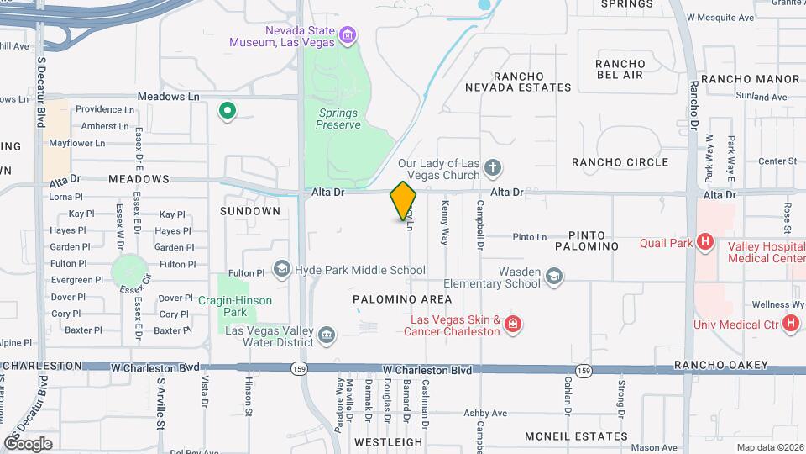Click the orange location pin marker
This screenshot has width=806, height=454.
pyautogui.click(x=403, y=201)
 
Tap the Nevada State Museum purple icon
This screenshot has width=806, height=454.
pyautogui.click(x=348, y=36)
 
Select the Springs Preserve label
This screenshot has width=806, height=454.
pyautogui.click(x=338, y=119)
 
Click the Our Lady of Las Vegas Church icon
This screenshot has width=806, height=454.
pyautogui.click(x=493, y=169)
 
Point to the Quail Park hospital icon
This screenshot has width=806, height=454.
pyautogui.click(x=705, y=244)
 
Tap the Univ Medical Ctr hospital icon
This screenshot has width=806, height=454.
pyautogui.click(x=789, y=324)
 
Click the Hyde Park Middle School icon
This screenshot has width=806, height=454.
pyautogui.click(x=281, y=270)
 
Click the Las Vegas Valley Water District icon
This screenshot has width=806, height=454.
pyautogui.click(x=326, y=336)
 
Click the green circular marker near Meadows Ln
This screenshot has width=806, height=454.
pyautogui.click(x=226, y=110)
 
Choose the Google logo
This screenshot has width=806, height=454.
pyautogui.click(x=29, y=443)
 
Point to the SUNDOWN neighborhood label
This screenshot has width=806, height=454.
pyautogui.click(x=250, y=211)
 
